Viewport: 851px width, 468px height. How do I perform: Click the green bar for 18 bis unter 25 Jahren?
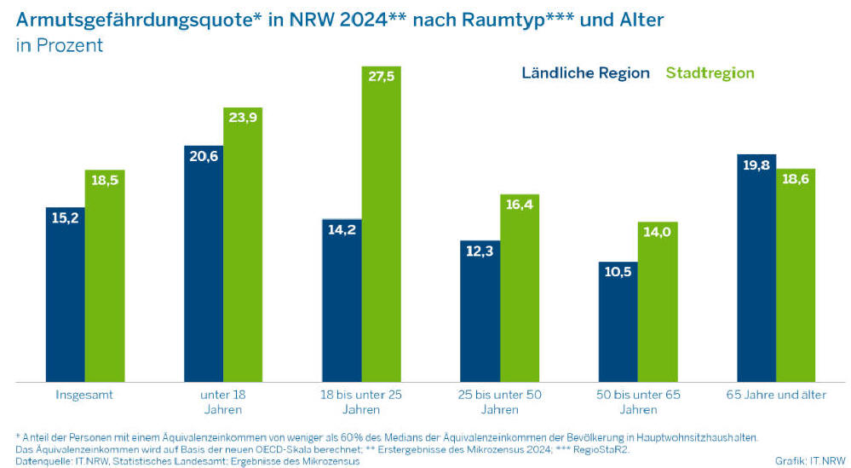coord(382,230)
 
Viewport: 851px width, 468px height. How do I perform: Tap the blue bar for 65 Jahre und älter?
coord(756,273)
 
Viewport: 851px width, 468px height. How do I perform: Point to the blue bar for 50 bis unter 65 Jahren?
coord(618,324)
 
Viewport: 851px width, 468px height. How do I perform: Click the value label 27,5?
coord(382,76)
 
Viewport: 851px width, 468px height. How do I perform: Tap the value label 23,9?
coord(243,117)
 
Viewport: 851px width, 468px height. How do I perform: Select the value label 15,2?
coord(65,217)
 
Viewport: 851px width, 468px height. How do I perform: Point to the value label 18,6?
coord(796,178)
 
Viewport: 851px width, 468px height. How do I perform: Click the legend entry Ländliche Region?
coord(585,73)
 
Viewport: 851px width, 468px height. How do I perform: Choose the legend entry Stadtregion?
coord(710,73)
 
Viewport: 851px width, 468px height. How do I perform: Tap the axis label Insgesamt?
coord(84,395)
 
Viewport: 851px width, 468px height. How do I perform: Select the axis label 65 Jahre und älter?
coord(776,395)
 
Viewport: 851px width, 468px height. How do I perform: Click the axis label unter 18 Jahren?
coord(222,402)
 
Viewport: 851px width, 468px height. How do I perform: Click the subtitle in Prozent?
coord(59,45)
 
